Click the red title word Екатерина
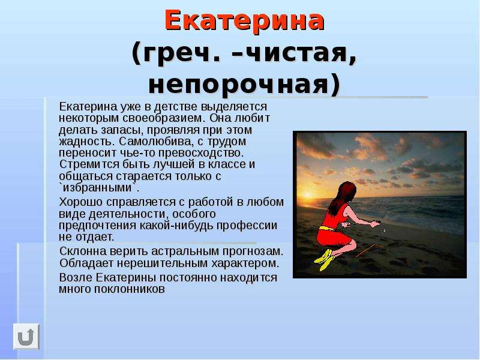[244, 20]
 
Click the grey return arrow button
[26, 337]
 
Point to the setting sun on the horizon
[308, 195]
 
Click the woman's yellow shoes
[325, 260]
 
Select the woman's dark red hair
[343, 197]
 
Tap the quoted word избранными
[97, 187]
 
